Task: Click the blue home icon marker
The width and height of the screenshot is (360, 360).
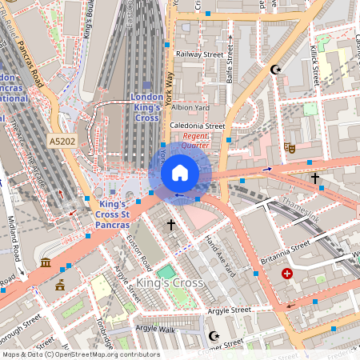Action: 180,172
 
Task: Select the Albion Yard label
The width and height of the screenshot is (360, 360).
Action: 190,107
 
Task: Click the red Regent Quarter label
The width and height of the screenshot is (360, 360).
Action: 195,141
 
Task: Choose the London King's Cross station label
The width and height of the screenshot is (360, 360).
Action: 146,107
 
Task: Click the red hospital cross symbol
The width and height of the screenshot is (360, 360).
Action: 287,274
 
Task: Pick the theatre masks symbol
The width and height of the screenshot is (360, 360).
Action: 289,147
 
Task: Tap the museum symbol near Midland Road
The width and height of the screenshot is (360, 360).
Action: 46,263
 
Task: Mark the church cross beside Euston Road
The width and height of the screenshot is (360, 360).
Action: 170,226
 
